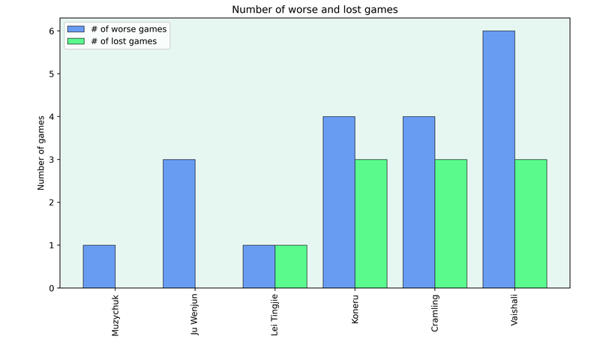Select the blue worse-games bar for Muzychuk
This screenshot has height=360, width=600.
pos(99,266)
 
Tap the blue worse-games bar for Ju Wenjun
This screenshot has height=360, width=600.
pos(178,223)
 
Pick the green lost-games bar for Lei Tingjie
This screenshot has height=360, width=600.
pos(291,266)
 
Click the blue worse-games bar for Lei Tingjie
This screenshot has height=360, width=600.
pos(259,266)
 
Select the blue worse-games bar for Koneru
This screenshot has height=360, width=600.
pos(339,202)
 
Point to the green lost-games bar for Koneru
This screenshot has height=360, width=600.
pos(370,223)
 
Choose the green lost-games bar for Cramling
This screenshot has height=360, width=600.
pos(451,223)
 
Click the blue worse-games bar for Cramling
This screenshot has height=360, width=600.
pos(418,202)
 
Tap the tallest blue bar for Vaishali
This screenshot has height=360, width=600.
pos(499,159)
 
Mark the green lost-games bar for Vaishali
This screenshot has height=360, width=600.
pos(530,223)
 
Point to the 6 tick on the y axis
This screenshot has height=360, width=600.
pos(53,31)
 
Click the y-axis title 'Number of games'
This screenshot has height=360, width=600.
pos(42,159)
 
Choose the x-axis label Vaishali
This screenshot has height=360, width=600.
pos(514,310)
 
